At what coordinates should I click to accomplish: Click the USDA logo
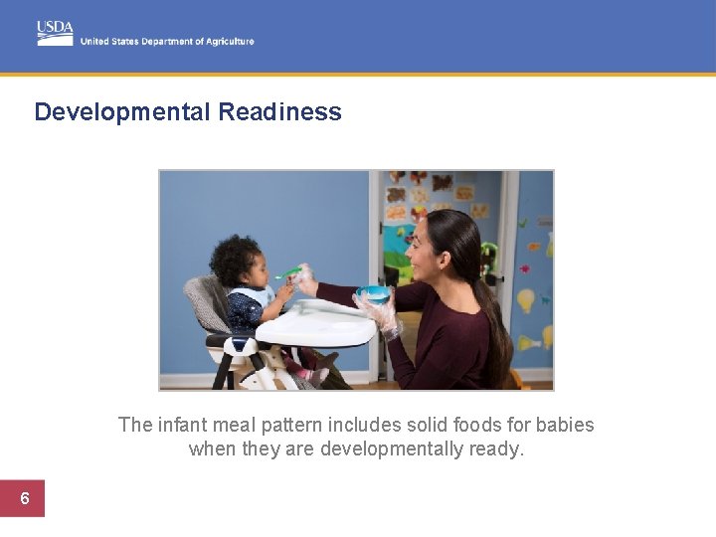(x=55, y=32)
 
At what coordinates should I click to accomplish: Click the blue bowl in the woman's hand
(x=374, y=293)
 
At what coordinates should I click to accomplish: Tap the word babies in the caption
(x=565, y=426)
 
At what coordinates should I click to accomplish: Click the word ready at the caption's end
(x=500, y=449)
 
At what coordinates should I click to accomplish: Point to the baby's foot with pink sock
(x=319, y=375)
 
